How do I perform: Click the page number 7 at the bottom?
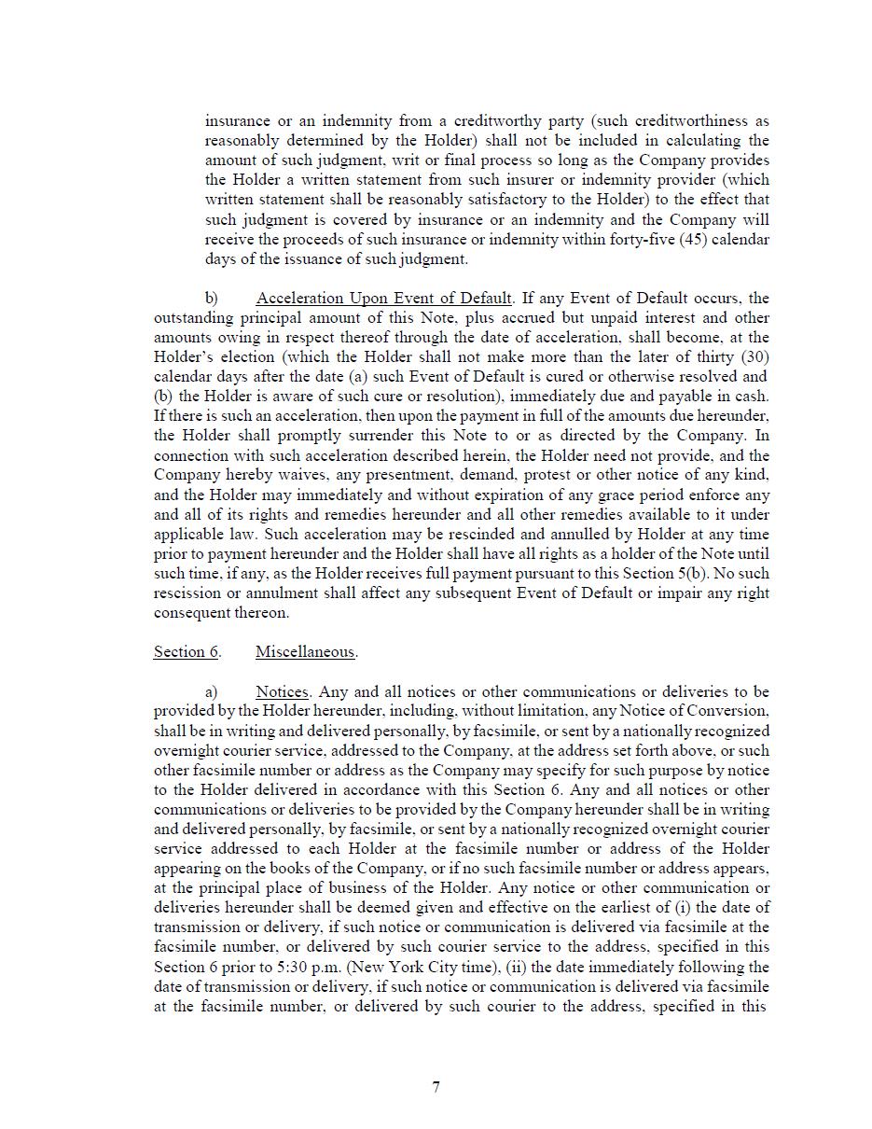[x=436, y=1086]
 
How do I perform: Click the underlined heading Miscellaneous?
[x=306, y=651]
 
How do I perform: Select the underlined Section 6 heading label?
[x=187, y=651]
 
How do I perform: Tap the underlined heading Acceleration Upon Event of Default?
[x=383, y=299]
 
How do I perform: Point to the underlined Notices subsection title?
[x=282, y=691]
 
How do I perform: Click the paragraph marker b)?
[x=212, y=299]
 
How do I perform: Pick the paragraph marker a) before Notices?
[x=212, y=691]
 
